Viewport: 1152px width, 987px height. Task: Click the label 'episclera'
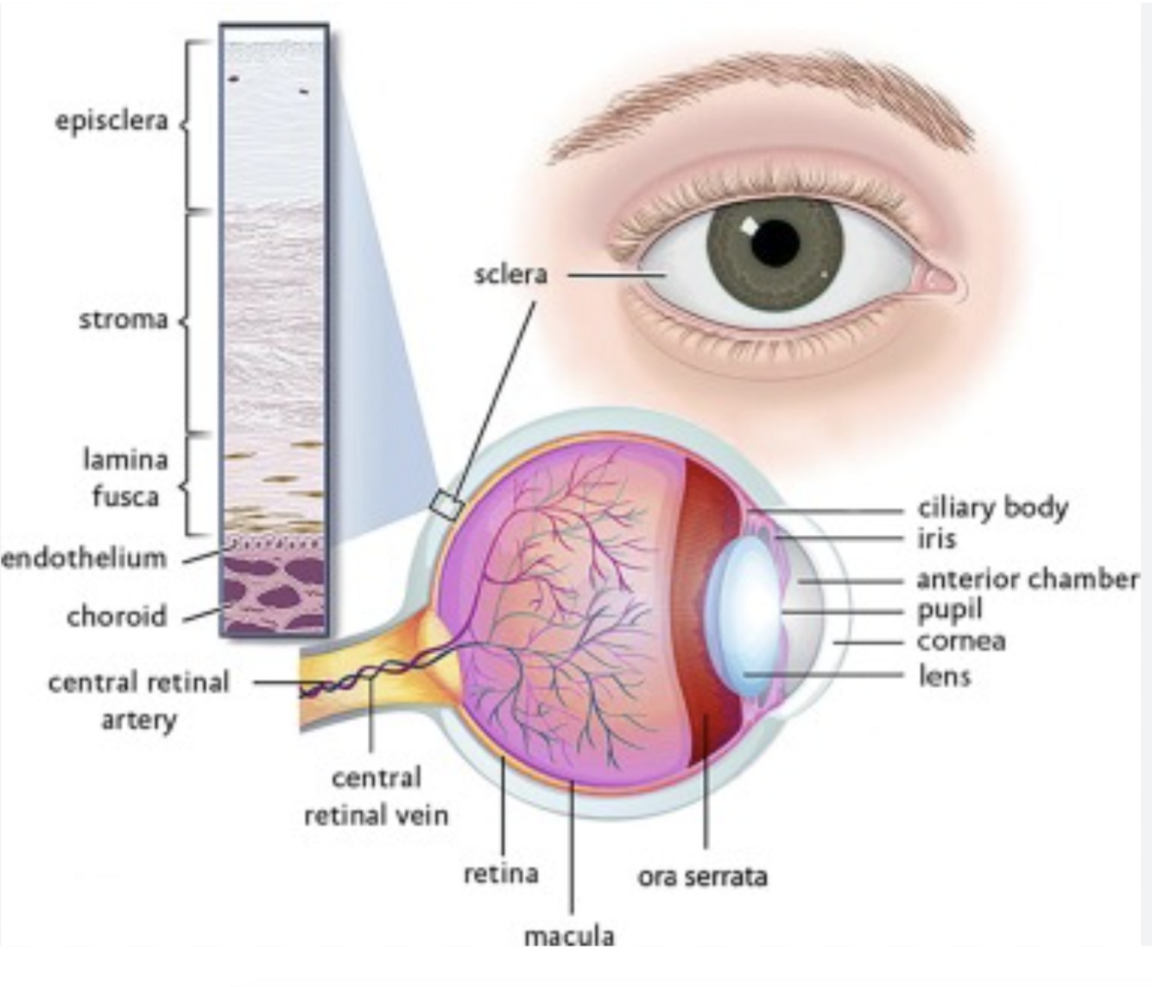111,121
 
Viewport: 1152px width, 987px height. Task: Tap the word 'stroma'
123,320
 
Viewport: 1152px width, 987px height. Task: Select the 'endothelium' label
84,558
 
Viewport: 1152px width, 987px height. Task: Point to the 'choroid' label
117,616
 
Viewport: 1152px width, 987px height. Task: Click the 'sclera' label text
510,275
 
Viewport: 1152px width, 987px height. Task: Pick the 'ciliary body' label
992,507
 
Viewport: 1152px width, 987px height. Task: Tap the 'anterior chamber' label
1027,578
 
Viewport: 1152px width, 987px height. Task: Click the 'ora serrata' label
702,876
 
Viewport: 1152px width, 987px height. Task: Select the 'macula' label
569,936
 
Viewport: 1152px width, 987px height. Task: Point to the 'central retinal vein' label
377,796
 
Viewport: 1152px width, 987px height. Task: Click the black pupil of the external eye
775,242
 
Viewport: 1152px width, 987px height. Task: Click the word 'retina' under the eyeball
501,874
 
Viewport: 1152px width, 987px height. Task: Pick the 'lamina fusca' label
125,478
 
